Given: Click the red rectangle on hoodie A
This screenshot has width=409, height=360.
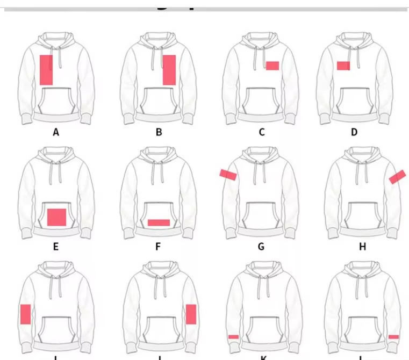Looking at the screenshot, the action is point(46,69).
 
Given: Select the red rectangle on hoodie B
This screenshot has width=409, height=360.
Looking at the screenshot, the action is point(169,70).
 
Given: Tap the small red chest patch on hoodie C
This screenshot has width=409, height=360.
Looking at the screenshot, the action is point(272,66).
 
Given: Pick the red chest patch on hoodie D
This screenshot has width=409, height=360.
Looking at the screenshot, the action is point(343,66).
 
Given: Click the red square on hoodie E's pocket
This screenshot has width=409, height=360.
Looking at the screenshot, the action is point(56,217).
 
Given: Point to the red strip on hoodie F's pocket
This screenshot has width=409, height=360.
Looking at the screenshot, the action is point(159,222).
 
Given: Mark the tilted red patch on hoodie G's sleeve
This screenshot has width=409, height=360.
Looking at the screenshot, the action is point(228,174).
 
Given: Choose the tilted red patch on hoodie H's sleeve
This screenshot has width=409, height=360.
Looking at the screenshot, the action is point(397,177).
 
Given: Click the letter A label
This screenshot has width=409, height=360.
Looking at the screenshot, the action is point(56,132).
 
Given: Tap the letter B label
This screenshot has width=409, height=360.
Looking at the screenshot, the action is point(159,132).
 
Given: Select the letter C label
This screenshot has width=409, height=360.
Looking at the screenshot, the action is point(262,132).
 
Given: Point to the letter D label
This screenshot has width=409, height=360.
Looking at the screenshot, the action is point(354,132).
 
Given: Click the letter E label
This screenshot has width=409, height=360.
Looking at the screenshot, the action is point(56,247).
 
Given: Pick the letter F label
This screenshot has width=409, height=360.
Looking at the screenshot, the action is point(159,247).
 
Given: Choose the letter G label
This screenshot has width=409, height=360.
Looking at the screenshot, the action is point(261,247).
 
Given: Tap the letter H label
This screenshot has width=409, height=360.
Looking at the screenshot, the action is point(362,247).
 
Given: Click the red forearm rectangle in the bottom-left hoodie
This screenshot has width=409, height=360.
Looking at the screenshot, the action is point(25,314).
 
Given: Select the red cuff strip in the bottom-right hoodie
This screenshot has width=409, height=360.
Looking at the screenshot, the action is point(393,337).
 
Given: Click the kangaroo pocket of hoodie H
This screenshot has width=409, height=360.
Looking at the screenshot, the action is point(362,215).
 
